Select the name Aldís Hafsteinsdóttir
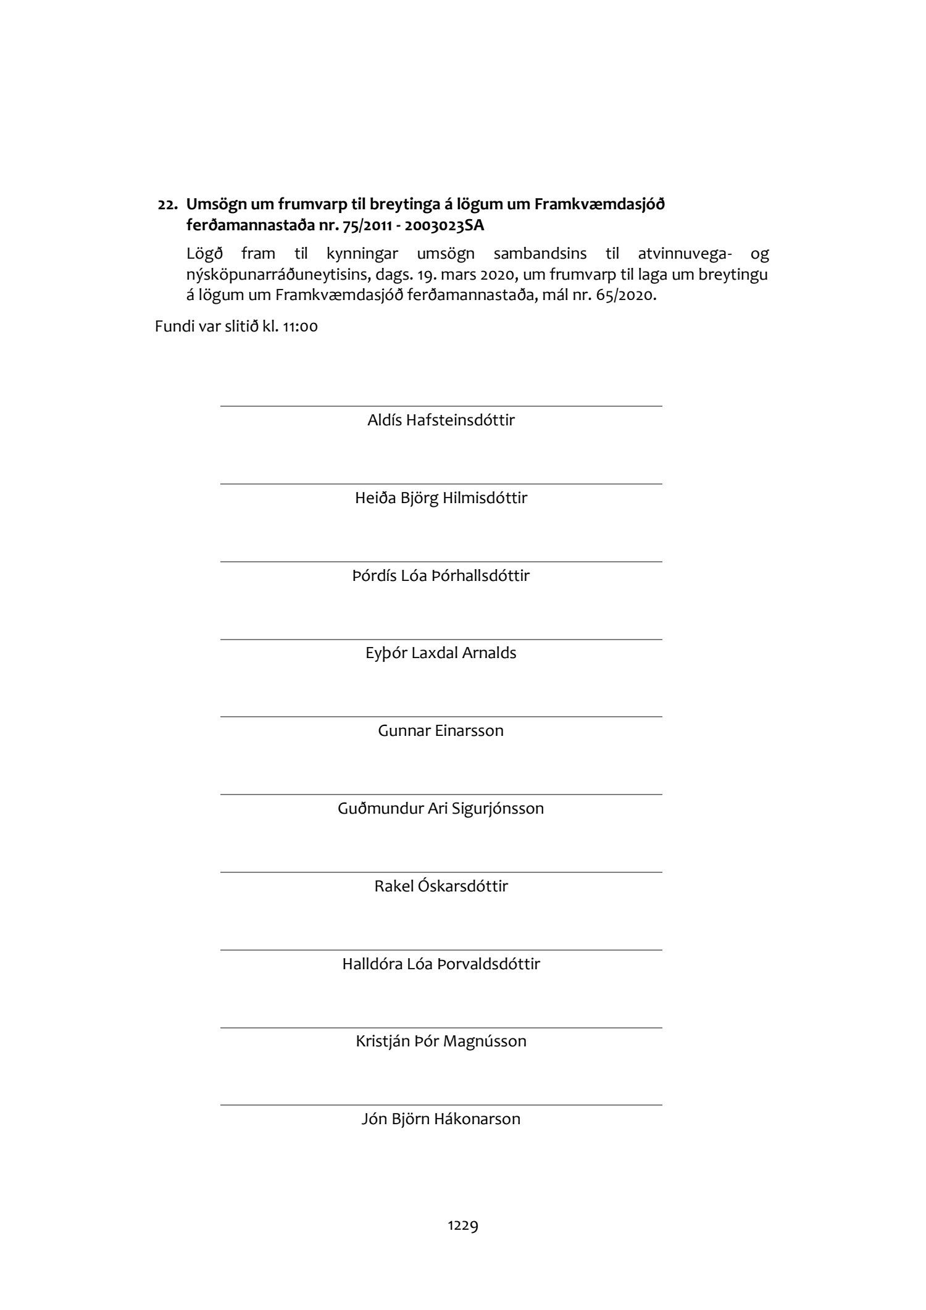(x=441, y=420)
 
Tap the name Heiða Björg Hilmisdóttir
(x=441, y=498)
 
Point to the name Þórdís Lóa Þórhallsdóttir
(x=441, y=576)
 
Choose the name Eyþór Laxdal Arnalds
(x=441, y=653)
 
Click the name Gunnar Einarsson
(x=441, y=731)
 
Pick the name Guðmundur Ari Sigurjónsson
(x=441, y=809)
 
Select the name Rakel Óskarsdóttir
(x=441, y=887)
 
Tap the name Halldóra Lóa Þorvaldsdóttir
(x=441, y=964)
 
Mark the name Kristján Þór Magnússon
(x=441, y=1041)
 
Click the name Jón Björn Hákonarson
(x=441, y=1119)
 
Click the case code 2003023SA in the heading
(x=444, y=226)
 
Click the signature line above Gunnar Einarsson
(x=441, y=717)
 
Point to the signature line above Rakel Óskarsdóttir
(x=441, y=872)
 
